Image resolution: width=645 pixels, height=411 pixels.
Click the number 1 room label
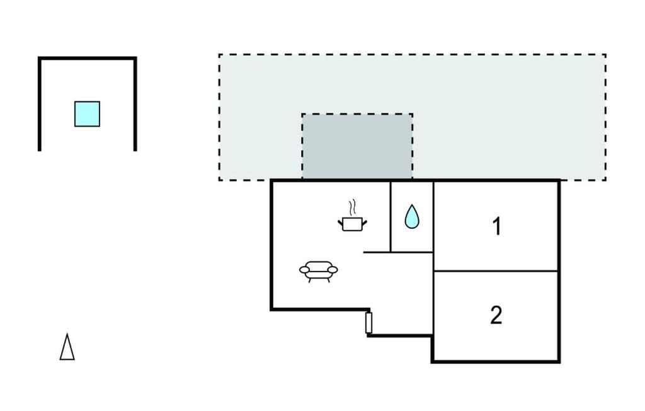click(498, 226)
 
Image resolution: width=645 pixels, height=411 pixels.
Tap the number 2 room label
click(496, 315)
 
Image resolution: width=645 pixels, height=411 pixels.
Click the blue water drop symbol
click(412, 216)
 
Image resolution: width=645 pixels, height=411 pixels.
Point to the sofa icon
click(318, 272)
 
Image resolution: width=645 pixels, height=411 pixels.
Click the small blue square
click(87, 114)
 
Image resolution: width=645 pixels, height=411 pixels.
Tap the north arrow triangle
click(67, 347)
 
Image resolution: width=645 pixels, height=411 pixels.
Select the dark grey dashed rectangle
click(357, 146)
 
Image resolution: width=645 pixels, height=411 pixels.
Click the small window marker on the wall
click(369, 323)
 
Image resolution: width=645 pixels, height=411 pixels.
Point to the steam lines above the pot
click(351, 208)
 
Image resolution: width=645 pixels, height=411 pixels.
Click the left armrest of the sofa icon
click(304, 270)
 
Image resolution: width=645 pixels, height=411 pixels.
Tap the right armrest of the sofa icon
click(333, 270)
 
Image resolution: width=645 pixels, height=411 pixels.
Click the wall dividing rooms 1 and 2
click(496, 271)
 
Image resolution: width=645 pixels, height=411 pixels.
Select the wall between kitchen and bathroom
click(390, 217)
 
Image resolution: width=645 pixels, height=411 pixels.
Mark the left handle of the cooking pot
click(341, 223)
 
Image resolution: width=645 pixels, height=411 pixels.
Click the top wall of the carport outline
click(87, 59)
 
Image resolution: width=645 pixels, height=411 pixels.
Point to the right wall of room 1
click(559, 226)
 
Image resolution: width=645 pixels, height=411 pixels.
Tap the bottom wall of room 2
click(496, 362)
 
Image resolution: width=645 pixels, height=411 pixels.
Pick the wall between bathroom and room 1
click(433, 217)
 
